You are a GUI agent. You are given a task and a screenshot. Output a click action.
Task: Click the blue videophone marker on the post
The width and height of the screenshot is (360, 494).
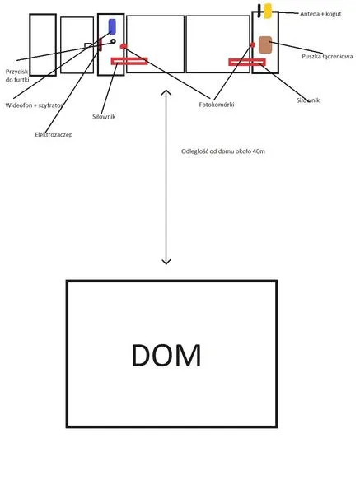point(112,26)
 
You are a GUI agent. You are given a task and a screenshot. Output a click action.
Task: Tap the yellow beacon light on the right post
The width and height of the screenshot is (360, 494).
point(268,11)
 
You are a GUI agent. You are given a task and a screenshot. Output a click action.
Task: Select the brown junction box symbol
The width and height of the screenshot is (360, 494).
point(265,44)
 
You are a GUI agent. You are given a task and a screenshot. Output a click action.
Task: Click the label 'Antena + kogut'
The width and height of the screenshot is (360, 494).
point(320,14)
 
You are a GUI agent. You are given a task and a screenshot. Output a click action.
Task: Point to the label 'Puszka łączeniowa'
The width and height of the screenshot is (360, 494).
point(327,57)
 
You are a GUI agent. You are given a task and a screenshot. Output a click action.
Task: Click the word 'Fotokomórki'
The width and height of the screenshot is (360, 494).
point(217,105)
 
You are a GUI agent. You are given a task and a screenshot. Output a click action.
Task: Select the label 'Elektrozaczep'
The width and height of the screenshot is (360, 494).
point(54,135)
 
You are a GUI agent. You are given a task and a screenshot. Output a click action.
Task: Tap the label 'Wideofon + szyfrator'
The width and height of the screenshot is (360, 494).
point(34,105)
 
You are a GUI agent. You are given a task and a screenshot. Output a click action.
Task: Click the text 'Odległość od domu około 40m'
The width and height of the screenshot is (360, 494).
point(223,151)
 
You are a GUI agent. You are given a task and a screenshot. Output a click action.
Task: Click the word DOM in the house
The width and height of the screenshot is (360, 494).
point(166,355)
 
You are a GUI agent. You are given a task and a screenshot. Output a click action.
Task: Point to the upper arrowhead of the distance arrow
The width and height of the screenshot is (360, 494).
point(166,91)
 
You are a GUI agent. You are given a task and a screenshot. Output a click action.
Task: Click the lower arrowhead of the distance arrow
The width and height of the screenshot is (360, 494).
point(166,263)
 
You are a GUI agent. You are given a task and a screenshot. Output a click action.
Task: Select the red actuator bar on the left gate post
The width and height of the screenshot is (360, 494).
point(129,61)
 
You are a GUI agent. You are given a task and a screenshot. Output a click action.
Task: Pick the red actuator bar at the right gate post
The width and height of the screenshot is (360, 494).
point(247,62)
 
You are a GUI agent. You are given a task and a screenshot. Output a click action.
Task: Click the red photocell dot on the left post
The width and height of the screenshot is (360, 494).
point(124,46)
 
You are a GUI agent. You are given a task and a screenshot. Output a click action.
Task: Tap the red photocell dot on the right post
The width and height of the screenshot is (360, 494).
point(252,45)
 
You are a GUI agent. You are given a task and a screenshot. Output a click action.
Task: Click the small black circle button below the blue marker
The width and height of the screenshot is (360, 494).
point(113,41)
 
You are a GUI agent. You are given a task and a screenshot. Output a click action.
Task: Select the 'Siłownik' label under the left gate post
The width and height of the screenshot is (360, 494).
point(104,117)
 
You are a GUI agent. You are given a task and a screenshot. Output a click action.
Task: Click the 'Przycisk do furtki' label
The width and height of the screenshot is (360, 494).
point(17,76)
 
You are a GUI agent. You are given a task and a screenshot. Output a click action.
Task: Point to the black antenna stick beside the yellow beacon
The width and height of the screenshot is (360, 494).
point(259,11)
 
